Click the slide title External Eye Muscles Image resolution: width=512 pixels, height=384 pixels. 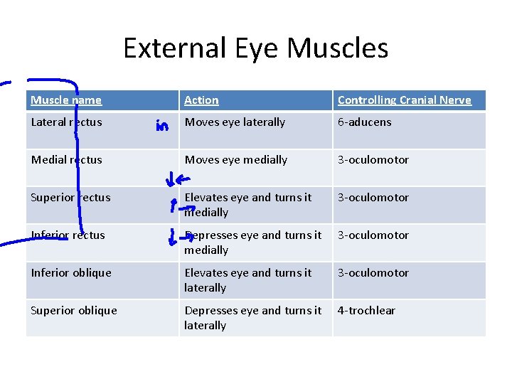pos(255,48)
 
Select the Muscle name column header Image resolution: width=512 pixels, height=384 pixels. pos(66,100)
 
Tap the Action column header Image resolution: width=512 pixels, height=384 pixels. pos(201,100)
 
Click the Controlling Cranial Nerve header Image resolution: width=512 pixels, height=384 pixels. pos(404,100)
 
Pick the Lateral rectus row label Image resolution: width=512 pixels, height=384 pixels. pos(66,122)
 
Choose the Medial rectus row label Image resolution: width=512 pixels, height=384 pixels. pos(66,160)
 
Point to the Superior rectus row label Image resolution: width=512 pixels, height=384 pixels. pos(70,198)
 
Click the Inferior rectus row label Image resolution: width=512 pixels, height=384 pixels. pos(68,235)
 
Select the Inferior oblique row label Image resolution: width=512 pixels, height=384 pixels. pos(71,273)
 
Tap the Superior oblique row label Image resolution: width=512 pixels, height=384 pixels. pos(73,311)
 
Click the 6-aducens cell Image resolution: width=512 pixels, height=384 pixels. pos(364,122)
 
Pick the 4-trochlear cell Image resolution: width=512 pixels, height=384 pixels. pos(366,311)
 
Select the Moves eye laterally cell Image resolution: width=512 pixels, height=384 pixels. pos(235,122)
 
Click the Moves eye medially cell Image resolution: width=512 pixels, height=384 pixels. pos(235,160)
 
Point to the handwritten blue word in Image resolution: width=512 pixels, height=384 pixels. pos(162,127)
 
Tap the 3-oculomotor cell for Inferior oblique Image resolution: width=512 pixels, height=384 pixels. pos(373,273)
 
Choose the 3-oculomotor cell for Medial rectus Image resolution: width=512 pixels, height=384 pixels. pos(373,160)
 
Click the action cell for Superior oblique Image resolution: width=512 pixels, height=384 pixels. pos(252,318)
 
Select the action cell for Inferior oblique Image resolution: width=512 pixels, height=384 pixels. pos(247,280)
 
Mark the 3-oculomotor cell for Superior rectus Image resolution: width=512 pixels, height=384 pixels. pos(373,198)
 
